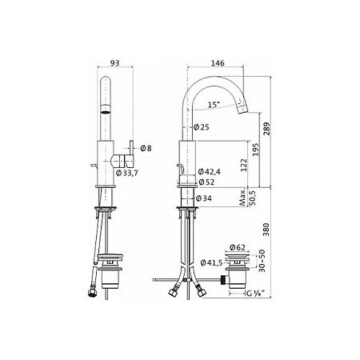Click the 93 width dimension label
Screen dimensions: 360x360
coord(115,63)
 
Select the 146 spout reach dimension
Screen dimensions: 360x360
coord(218,63)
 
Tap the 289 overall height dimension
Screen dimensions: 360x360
coord(266,129)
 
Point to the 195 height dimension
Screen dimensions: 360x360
coord(255,150)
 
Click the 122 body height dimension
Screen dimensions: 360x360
coord(244,166)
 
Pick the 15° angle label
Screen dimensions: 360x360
coord(214,105)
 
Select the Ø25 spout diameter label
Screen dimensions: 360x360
coord(202,127)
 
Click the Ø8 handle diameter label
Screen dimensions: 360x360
coord(146,148)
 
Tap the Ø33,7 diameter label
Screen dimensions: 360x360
coord(127,174)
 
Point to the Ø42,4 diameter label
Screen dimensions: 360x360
coord(210,171)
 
